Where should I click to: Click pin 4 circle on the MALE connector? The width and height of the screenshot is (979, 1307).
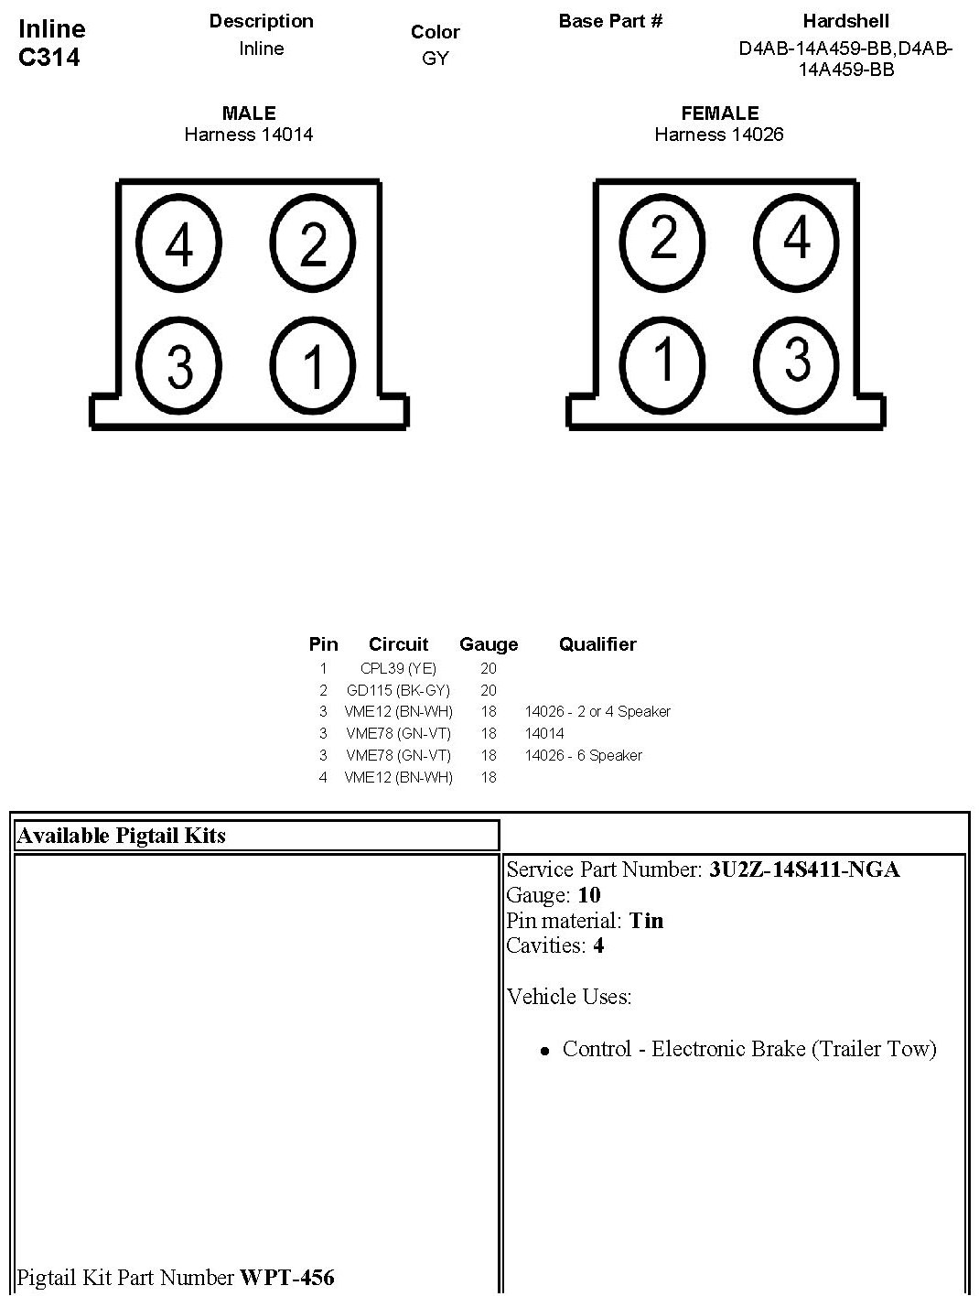[179, 244]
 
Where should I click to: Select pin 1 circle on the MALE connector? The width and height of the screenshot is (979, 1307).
[313, 365]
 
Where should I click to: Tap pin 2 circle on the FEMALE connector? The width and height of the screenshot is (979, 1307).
[663, 238]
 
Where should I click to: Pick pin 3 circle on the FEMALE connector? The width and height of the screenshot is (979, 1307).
[797, 358]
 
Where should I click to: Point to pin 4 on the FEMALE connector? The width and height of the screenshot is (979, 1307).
[797, 238]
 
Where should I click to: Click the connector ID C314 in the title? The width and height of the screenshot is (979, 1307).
[49, 58]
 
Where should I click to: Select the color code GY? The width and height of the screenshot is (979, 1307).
[436, 59]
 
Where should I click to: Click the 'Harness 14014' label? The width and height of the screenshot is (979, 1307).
[249, 135]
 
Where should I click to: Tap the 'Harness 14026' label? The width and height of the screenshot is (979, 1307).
[719, 135]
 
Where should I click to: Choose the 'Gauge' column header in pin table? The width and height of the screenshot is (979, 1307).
[489, 644]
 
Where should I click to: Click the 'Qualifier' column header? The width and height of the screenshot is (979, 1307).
[597, 644]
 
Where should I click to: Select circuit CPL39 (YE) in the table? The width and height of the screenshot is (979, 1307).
[398, 668]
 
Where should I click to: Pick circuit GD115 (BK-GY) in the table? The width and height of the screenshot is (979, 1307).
[398, 690]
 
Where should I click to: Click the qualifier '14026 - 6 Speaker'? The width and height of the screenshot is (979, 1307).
[584, 755]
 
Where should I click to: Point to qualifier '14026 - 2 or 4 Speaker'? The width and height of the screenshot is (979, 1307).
[597, 711]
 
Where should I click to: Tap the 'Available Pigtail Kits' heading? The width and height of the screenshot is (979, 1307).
[122, 835]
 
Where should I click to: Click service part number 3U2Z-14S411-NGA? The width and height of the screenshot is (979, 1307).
[804, 870]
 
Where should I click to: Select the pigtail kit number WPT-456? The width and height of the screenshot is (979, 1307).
[287, 1277]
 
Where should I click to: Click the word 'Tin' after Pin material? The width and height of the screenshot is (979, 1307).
[646, 920]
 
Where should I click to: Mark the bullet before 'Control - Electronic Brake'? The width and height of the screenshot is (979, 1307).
[545, 1052]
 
